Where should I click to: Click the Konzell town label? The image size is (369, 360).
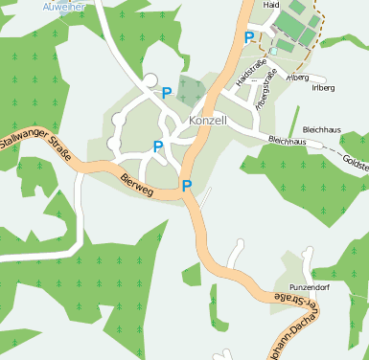tap(208, 122)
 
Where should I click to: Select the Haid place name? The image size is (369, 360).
tap(271, 5)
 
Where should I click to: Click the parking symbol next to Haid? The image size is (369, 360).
tap(249, 37)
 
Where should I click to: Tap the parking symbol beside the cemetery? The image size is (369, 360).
tap(167, 93)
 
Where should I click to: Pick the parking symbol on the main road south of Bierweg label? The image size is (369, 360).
tap(187, 186)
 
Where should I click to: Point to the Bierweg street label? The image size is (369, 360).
tap(137, 178)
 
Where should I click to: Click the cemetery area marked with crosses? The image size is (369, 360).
tap(191, 92)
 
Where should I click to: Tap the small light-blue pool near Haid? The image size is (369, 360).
tap(273, 51)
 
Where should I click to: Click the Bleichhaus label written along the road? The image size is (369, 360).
tap(288, 141)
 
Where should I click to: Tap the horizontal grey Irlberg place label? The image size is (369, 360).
tap(323, 87)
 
